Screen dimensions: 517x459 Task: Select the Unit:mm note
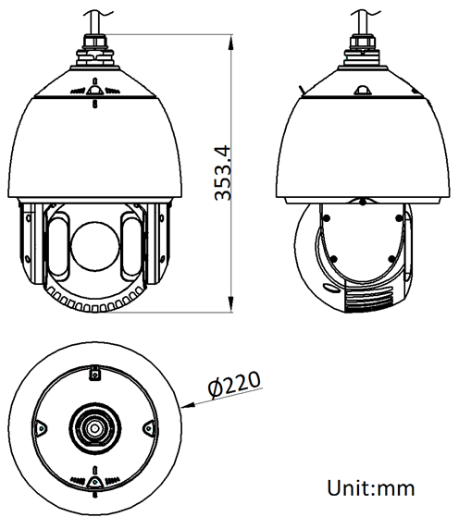371,487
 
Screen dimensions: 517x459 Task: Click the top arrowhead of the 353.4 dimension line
229,42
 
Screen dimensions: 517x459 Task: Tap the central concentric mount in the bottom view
94,428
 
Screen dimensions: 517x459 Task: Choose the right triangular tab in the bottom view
147,426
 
